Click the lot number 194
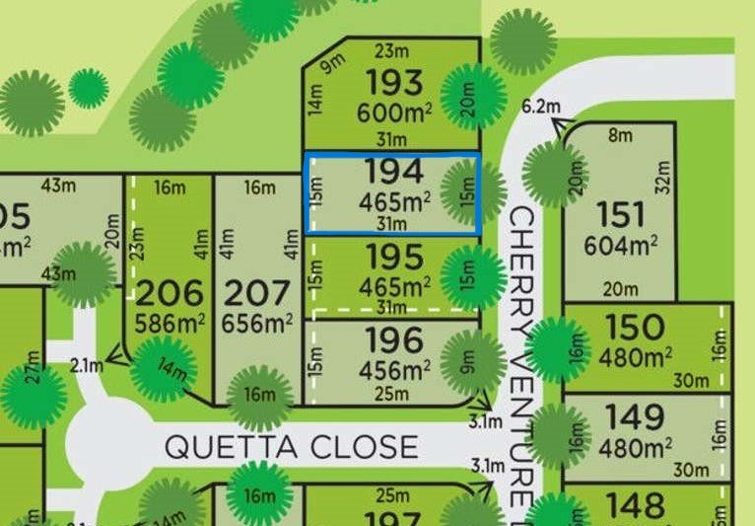[394, 172]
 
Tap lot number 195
[394, 257]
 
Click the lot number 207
[259, 293]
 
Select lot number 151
[621, 214]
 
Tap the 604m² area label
[621, 244]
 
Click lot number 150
[636, 326]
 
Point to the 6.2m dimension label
[540, 107]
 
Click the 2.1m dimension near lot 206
[87, 366]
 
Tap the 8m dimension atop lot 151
[620, 136]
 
